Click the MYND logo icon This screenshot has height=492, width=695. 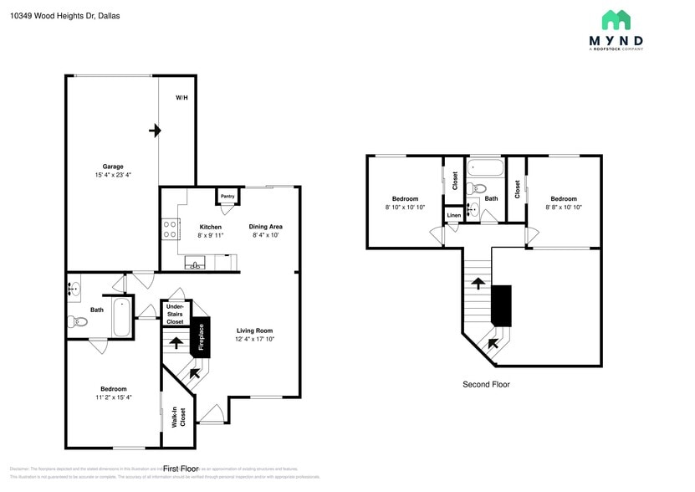(x=616, y=20)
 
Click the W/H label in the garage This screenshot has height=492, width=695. (x=181, y=98)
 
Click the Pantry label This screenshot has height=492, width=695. (x=227, y=197)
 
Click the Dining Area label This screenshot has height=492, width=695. (x=265, y=227)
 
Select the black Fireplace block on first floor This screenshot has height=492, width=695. (x=201, y=337)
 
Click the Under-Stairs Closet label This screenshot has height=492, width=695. (x=175, y=315)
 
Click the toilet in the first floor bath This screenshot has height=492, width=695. (x=76, y=321)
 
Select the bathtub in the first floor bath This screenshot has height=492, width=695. (x=122, y=317)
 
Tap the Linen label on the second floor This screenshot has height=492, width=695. (x=453, y=216)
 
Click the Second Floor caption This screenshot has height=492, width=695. (x=486, y=384)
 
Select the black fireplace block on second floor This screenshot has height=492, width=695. (x=501, y=305)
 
